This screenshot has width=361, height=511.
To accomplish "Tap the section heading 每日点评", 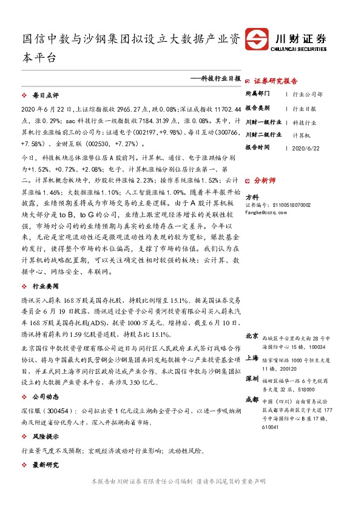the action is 46,96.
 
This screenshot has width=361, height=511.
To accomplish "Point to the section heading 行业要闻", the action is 46,285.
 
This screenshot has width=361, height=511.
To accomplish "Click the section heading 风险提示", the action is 46,436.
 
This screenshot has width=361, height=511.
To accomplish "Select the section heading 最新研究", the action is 46,465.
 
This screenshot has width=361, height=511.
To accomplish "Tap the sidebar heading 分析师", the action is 265,180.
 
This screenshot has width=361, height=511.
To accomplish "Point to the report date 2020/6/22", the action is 305,147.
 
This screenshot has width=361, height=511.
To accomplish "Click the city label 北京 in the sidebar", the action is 252,336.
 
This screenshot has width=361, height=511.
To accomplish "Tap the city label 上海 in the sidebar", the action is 252,358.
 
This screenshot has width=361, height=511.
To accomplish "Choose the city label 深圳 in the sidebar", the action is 252,378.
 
